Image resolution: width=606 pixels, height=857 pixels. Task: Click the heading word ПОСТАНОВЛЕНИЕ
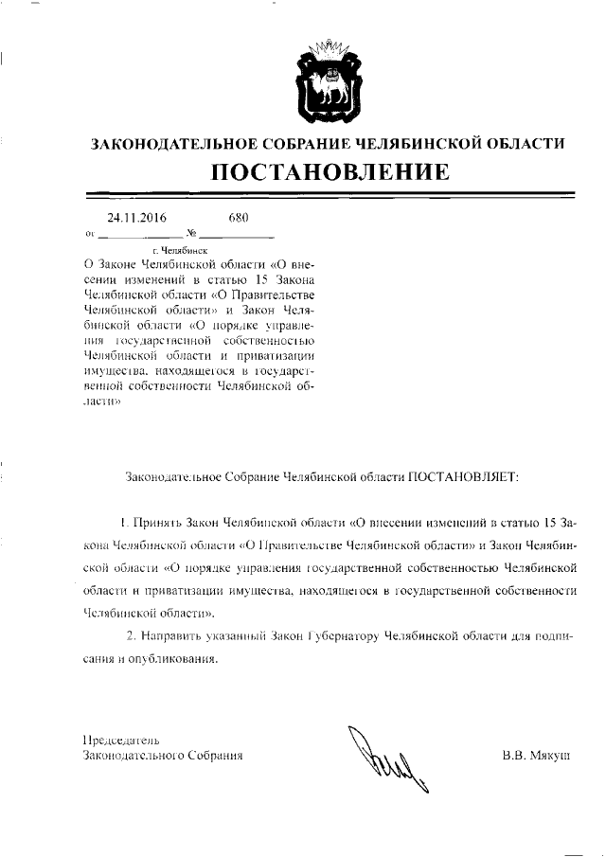point(330,173)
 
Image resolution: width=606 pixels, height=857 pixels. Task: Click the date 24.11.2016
point(136,218)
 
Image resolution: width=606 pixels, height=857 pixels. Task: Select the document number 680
point(238,218)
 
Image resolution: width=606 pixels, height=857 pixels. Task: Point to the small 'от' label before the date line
point(90,233)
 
